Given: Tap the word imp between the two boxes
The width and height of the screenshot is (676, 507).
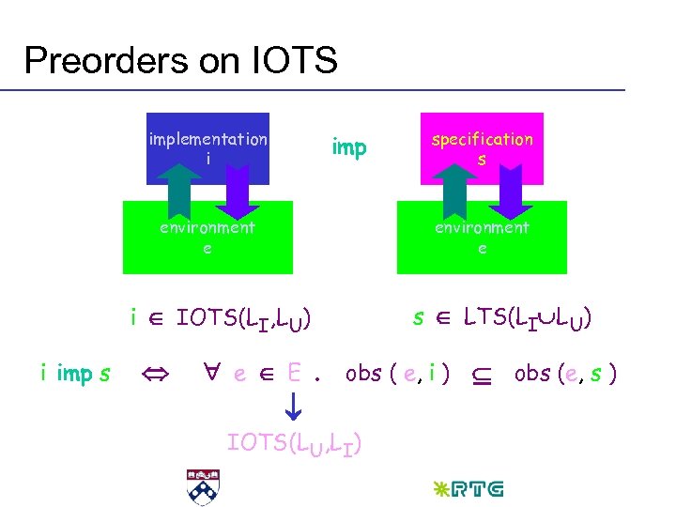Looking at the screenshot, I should pyautogui.click(x=349, y=147).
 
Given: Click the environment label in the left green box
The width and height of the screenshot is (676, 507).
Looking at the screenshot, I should pyautogui.click(x=207, y=227).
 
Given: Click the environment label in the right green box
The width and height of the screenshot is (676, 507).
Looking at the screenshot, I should pyautogui.click(x=481, y=227).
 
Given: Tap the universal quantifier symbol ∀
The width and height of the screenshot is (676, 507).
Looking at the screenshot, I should pyautogui.click(x=212, y=373).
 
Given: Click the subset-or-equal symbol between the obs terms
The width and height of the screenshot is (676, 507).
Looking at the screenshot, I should pyautogui.click(x=481, y=375).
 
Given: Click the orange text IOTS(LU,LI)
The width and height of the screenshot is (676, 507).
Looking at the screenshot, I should pyautogui.click(x=295, y=442).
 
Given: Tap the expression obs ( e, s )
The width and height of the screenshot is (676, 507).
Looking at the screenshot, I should pyautogui.click(x=565, y=373).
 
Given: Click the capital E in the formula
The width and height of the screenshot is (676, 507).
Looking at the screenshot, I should pyautogui.click(x=294, y=373).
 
